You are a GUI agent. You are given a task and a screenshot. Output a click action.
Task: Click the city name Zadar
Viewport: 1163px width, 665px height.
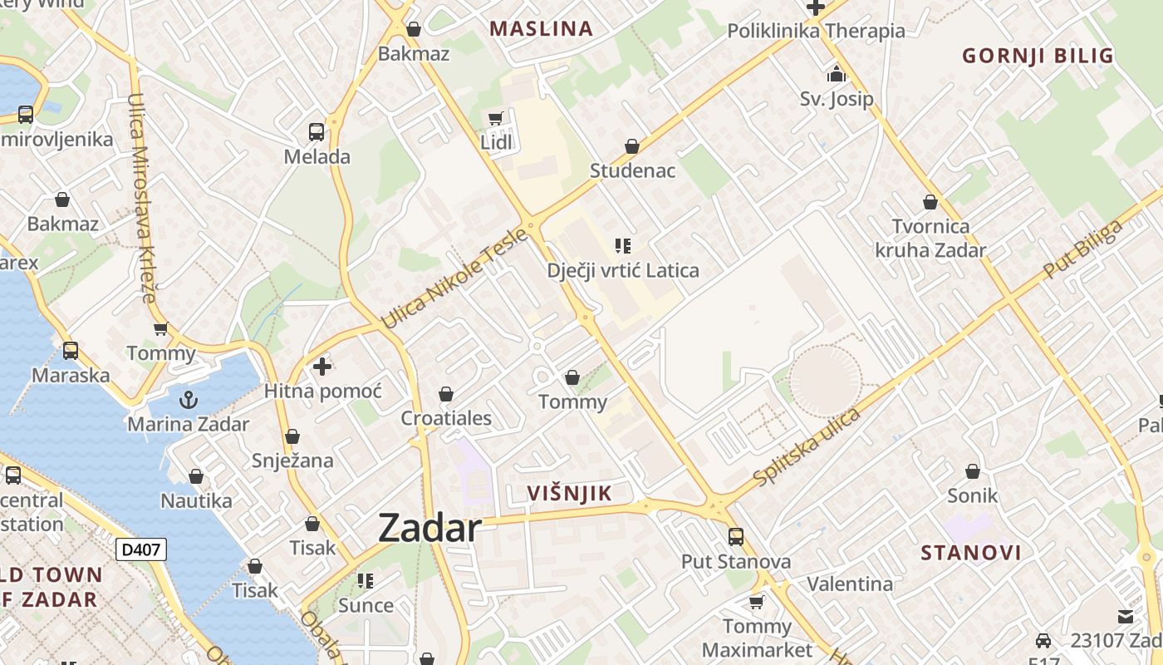tap(429, 529)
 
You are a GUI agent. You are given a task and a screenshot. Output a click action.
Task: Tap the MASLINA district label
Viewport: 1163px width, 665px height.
tap(541, 29)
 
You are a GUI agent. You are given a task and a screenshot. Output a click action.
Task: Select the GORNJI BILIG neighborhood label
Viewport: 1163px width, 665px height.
tap(1038, 57)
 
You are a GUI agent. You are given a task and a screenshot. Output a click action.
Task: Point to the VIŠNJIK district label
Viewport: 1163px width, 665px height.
tap(569, 493)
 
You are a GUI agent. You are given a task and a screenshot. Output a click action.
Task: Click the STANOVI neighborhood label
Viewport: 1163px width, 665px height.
tap(971, 553)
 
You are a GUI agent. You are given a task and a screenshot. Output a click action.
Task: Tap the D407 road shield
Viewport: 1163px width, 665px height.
tap(141, 549)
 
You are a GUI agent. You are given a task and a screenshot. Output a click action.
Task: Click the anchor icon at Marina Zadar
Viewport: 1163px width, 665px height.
tap(189, 400)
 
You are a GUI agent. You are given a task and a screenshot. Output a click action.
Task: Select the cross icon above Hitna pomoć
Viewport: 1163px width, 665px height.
tap(322, 366)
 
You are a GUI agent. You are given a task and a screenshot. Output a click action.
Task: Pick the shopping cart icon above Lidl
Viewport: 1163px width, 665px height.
tap(496, 119)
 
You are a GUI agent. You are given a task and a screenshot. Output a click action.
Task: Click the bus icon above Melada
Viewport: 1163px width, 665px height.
tap(317, 131)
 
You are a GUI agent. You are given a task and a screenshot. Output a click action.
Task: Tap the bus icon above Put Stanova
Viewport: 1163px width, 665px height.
tap(736, 537)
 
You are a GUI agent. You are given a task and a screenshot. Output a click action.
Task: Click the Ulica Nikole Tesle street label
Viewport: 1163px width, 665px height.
tap(454, 278)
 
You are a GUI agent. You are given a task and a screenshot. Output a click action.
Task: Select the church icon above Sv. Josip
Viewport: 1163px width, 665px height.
tap(837, 75)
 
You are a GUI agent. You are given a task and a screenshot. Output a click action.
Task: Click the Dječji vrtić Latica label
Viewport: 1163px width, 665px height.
tap(623, 270)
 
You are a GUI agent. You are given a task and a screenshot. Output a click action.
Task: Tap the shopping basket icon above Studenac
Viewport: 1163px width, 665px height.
tap(632, 146)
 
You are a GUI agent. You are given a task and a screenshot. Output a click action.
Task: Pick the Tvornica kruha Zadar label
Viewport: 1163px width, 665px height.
tap(930, 238)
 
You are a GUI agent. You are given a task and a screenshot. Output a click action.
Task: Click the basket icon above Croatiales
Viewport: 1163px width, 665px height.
tap(446, 394)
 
